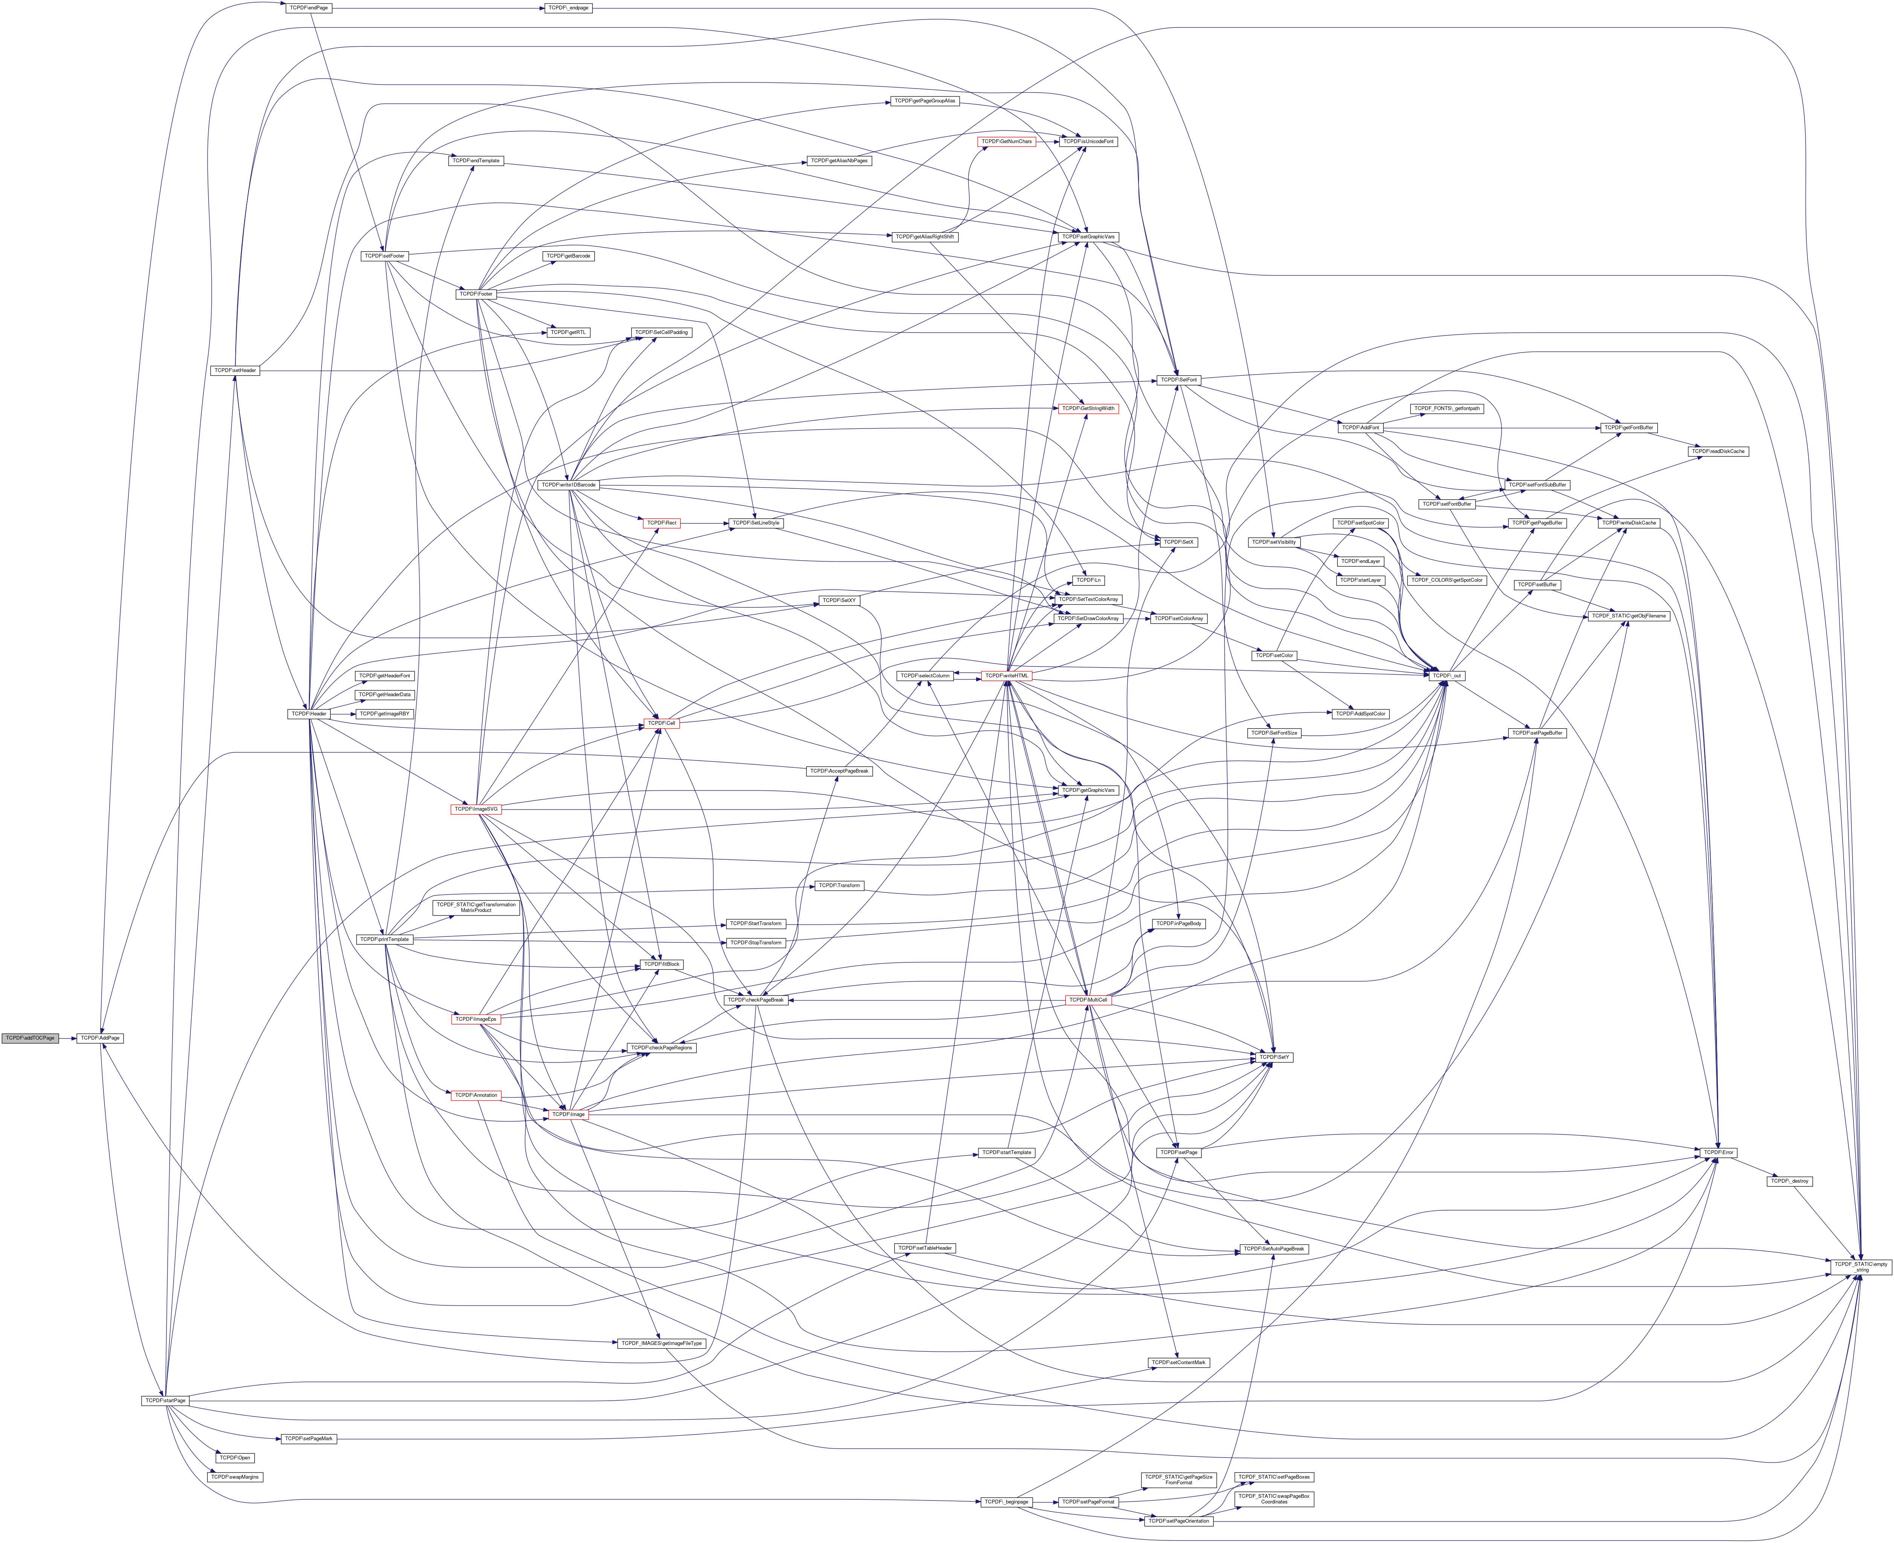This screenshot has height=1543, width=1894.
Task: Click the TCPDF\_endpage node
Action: (x=568, y=8)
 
